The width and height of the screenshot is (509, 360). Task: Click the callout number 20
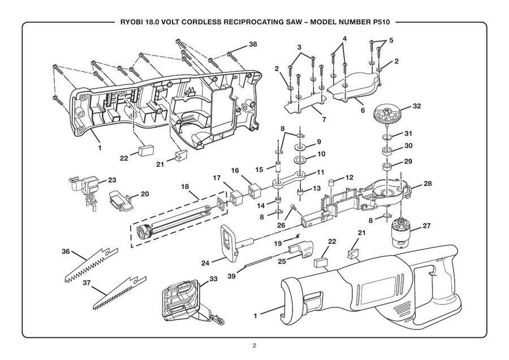pos(144,194)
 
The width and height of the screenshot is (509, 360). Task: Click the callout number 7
pos(323,120)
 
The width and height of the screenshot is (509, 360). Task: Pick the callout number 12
pos(350,177)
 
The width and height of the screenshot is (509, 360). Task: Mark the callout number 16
pos(235,170)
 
